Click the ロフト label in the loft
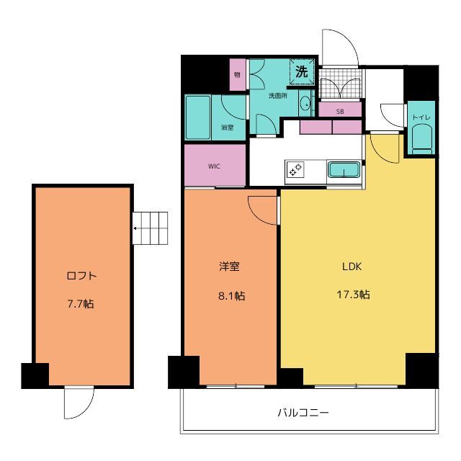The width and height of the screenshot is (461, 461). (81, 276)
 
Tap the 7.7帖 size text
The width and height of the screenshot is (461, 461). (81, 303)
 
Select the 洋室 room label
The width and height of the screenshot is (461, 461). (229, 266)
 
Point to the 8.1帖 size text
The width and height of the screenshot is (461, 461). (231, 295)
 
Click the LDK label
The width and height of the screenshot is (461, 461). (352, 267)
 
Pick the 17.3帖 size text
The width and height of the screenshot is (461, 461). (353, 295)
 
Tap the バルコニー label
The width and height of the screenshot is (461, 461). (303, 413)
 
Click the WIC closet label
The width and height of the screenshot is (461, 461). (214, 166)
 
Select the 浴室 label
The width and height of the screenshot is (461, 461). (228, 127)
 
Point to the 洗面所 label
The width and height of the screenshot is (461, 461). (278, 96)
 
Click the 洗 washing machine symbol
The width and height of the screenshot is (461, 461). (302, 71)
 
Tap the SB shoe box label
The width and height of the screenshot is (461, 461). (340, 112)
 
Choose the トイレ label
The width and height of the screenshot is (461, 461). (421, 117)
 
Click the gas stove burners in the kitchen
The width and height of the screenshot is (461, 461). (295, 170)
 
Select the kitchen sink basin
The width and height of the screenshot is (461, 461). (344, 170)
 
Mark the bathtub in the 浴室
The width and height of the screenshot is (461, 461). (198, 117)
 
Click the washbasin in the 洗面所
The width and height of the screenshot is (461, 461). (305, 104)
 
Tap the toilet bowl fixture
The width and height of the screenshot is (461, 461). (421, 139)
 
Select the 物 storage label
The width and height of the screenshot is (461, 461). (237, 75)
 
